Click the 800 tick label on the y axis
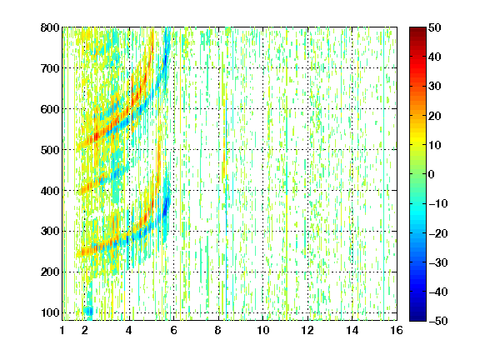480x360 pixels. pos(50,27)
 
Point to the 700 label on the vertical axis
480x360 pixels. pos(50,68)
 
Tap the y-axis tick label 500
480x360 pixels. pos(50,150)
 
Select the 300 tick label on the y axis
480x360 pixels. pos(50,232)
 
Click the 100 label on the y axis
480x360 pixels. pos(50,312)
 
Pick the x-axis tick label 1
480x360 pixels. pos(62,330)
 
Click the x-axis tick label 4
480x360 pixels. pos(129,330)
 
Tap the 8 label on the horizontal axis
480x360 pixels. pos(218,330)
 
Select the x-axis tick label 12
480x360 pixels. pos(307,330)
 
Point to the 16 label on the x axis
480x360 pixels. pos(397,330)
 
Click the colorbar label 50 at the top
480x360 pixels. pos(434,27)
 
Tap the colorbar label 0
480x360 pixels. pos(432,174)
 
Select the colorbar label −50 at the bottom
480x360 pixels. pos(438,321)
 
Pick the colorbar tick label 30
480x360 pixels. pos(434,87)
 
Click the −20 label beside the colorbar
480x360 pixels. pos(438,233)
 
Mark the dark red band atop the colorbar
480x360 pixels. pos(417,32)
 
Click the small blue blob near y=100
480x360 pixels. pos(89,312)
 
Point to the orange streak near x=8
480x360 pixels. pos(224,165)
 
